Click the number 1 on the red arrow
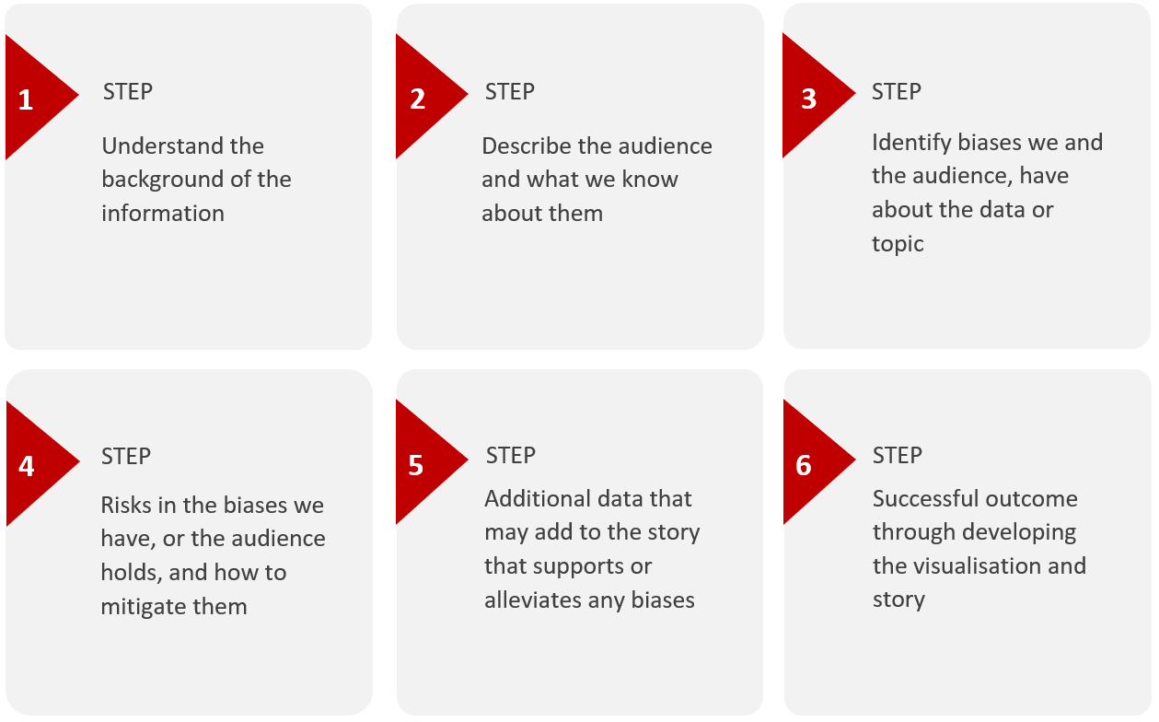[26, 99]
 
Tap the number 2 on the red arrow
[418, 99]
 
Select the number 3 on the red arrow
[808, 99]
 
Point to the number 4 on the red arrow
[27, 466]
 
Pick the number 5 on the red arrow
[416, 465]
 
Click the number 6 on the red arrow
[804, 465]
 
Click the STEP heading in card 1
[128, 91]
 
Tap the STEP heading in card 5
[511, 456]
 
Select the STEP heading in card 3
[897, 91]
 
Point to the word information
[163, 213]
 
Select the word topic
[898, 244]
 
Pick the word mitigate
[143, 607]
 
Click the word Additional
[533, 498]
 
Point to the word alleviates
[532, 600]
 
